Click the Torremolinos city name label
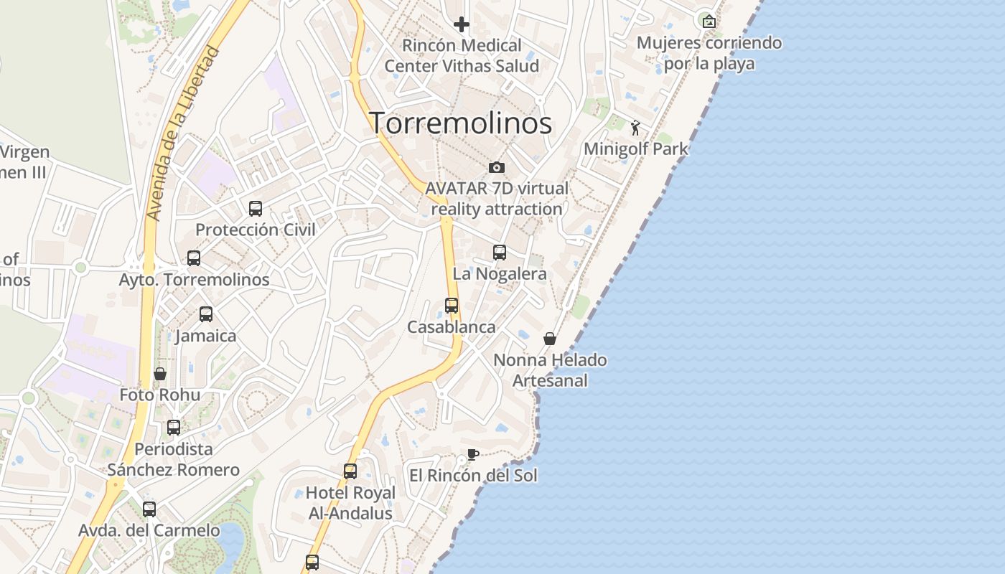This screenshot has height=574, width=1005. click(460, 123)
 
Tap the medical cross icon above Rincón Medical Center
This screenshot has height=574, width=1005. click(462, 25)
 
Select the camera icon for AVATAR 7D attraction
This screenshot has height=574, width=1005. click(496, 168)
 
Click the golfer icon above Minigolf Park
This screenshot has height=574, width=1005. click(635, 128)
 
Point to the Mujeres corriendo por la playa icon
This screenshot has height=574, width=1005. click(709, 22)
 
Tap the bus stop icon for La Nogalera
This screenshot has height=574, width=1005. click(500, 253)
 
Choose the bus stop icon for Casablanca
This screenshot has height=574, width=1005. click(452, 306)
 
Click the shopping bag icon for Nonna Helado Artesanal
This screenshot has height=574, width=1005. click(550, 339)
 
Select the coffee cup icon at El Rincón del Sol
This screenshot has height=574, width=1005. click(472, 454)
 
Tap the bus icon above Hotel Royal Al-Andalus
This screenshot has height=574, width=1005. click(350, 471)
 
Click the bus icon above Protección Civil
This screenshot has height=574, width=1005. click(256, 209)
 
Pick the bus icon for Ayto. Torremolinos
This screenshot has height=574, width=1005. click(194, 258)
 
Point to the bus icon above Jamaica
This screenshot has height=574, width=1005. click(206, 314)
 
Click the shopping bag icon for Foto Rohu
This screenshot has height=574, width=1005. click(160, 374)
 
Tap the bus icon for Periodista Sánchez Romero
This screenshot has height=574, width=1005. click(174, 428)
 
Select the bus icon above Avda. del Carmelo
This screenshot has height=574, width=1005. click(149, 509)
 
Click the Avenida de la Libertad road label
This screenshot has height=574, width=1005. click(182, 133)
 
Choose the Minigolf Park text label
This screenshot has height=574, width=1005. click(636, 149)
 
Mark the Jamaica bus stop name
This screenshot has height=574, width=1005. click(206, 336)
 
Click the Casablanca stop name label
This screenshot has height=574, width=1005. click(452, 327)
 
